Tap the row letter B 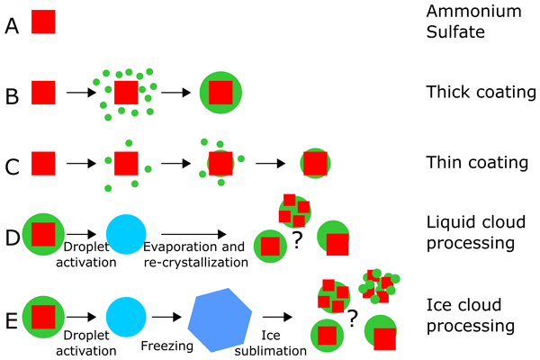tap(12, 92)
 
